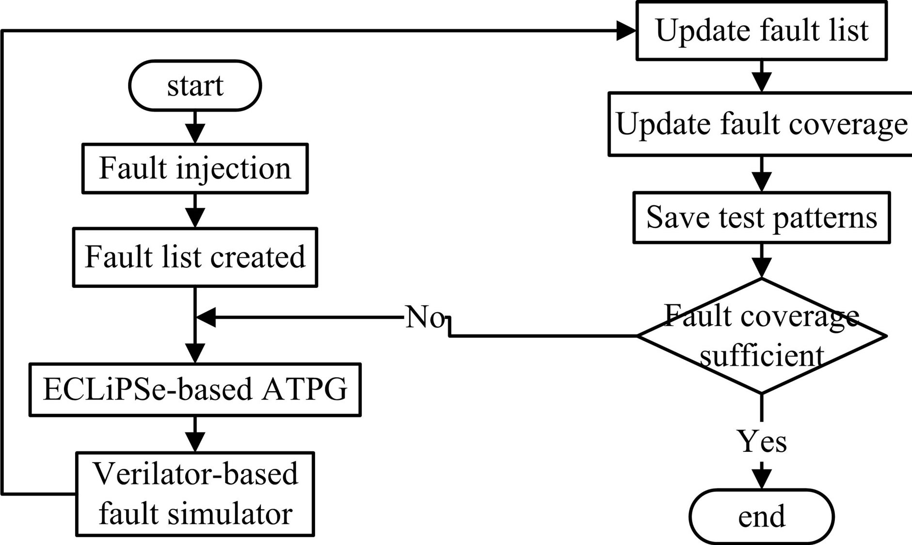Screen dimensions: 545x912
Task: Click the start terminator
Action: click(195, 86)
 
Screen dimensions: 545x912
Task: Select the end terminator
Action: click(761, 516)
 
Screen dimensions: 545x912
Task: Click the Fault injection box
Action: click(195, 168)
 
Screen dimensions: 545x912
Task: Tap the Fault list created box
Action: click(195, 257)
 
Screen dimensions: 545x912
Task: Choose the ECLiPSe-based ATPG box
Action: click(195, 390)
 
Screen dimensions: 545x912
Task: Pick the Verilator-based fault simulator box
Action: click(195, 494)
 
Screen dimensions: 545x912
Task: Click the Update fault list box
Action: click(761, 30)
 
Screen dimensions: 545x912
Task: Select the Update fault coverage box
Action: click(761, 124)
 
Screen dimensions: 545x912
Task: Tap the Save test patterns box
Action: click(761, 217)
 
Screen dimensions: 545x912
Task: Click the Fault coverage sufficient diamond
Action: click(761, 336)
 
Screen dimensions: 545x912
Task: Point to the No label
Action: click(425, 317)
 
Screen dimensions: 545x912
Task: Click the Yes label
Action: click(761, 442)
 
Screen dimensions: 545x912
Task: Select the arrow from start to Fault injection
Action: click(195, 127)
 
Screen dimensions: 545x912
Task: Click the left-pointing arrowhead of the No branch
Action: click(206, 318)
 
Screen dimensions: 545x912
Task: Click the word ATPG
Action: click(304, 390)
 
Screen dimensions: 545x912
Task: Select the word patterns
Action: click(825, 217)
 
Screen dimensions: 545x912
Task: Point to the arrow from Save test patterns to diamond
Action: click(762, 261)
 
